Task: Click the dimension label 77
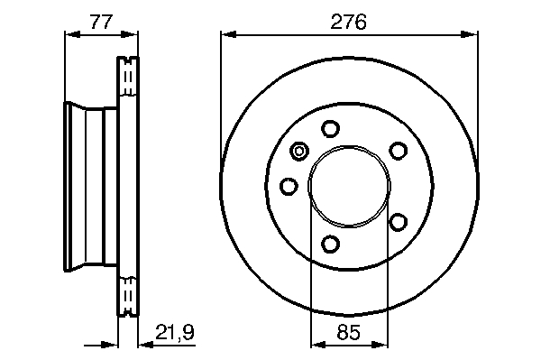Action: coord(101,21)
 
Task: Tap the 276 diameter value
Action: coord(348,22)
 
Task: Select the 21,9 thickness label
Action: coord(175,332)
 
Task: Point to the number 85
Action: coord(349,332)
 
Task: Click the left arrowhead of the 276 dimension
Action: coord(228,34)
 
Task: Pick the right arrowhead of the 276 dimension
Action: coord(470,34)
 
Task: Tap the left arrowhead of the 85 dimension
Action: coord(318,345)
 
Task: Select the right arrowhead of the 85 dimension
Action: coord(380,345)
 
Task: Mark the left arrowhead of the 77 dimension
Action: coord(72,34)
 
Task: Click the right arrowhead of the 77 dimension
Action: coord(129,34)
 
